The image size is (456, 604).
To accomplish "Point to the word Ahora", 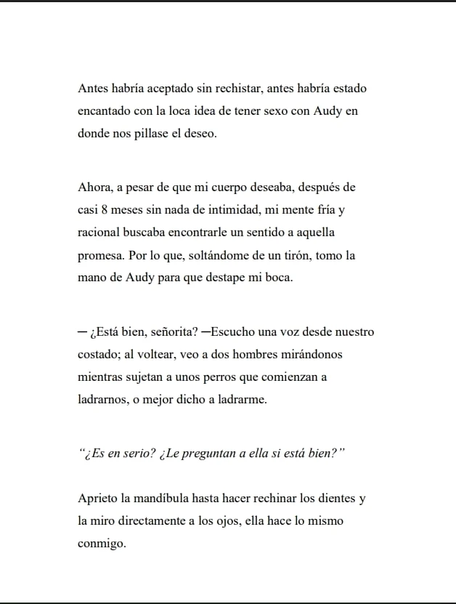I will pos(94,188).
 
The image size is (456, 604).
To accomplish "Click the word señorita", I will pos(160,332).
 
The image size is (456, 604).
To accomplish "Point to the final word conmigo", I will pos(102,544).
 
